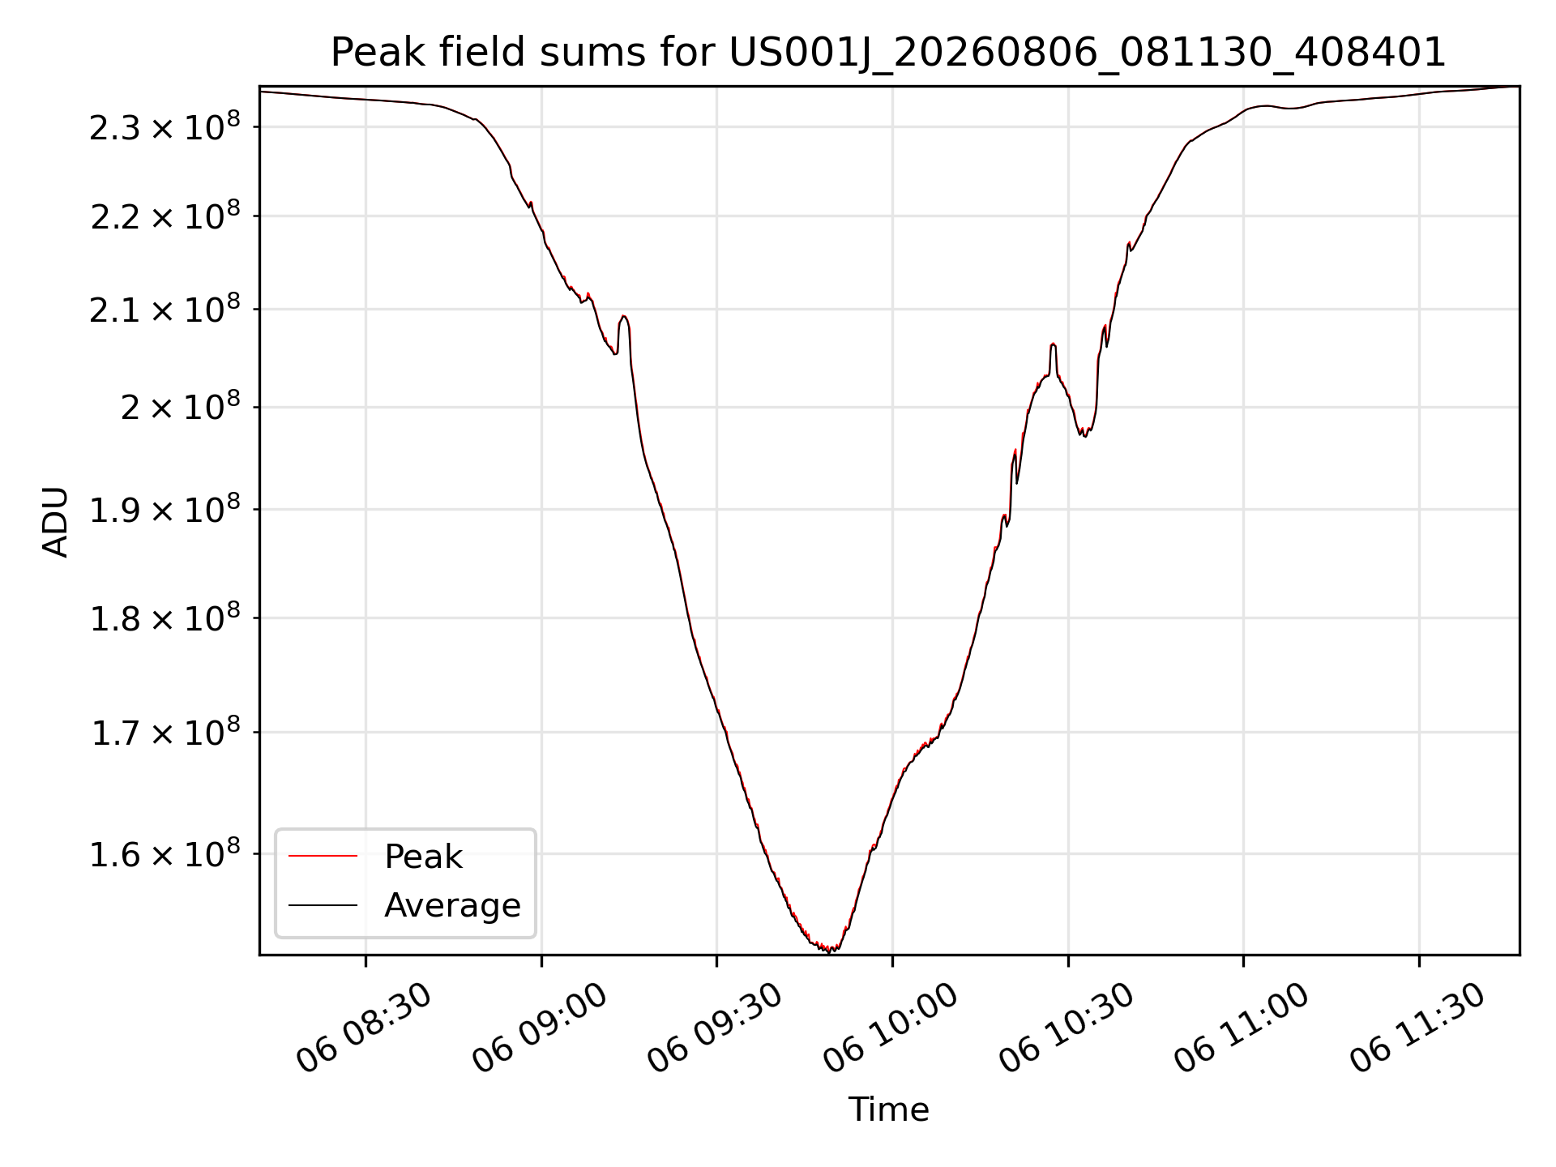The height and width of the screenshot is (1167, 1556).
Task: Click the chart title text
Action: click(888, 53)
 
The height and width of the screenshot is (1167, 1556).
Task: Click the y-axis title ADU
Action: click(56, 522)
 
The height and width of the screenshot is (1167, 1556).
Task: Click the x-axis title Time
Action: click(888, 1109)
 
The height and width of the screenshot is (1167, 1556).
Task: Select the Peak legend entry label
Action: click(423, 857)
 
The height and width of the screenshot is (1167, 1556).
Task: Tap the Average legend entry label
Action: click(452, 905)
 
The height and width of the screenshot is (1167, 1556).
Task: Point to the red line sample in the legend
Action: click(323, 856)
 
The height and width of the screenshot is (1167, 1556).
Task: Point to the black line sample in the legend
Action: click(323, 904)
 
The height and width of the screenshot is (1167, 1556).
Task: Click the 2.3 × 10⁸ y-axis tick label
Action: click(165, 127)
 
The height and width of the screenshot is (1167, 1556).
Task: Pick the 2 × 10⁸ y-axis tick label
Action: click(180, 407)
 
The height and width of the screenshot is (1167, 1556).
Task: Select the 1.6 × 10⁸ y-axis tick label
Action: click(165, 854)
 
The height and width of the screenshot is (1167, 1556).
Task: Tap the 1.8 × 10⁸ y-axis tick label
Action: click(165, 619)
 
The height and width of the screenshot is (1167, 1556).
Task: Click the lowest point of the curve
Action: click(829, 951)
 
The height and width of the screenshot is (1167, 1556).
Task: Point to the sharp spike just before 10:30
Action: click(1053, 344)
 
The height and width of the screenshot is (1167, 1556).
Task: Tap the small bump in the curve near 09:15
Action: click(623, 317)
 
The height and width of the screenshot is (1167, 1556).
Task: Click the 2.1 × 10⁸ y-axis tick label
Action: click(165, 310)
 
